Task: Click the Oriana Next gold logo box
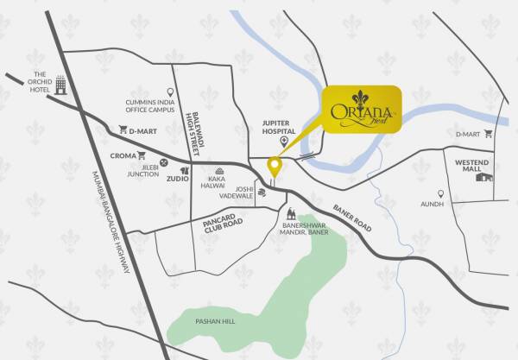click(363, 110)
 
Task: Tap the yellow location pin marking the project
click(275, 166)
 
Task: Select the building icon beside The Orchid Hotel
click(60, 85)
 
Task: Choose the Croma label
click(123, 156)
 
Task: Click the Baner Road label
click(351, 215)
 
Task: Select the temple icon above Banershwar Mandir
click(291, 212)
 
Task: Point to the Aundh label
click(433, 205)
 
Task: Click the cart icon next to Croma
click(141, 156)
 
